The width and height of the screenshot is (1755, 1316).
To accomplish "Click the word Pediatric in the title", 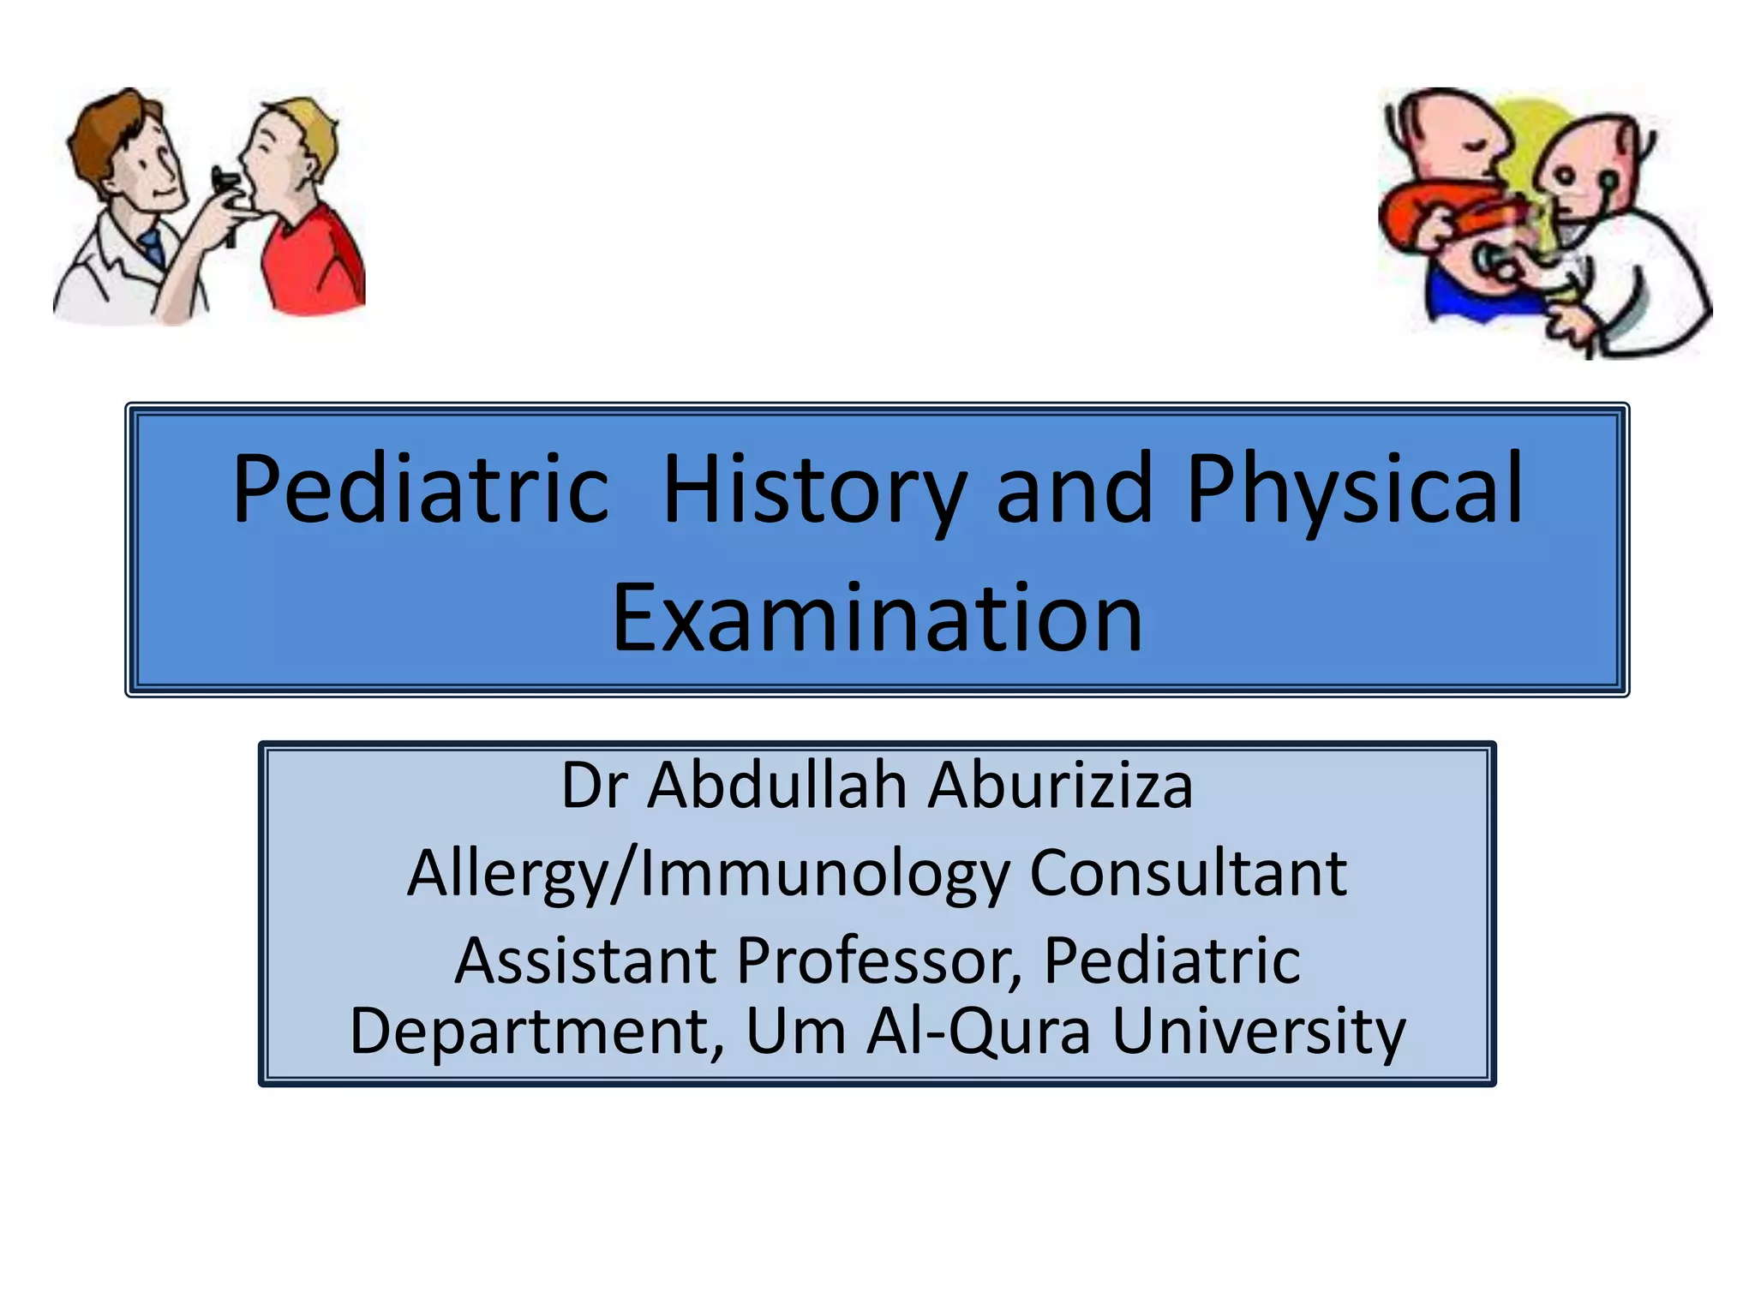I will click(x=420, y=489).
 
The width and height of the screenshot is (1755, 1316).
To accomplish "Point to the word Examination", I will click(x=877, y=618).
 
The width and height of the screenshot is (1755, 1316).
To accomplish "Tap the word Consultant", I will click(x=1188, y=873).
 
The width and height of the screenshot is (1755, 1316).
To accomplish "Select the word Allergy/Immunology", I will click(x=708, y=873).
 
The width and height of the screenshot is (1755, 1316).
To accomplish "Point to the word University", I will click(x=1259, y=1031).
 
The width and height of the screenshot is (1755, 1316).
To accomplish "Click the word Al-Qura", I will click(x=978, y=1031).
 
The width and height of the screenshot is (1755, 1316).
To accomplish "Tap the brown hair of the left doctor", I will click(x=107, y=129).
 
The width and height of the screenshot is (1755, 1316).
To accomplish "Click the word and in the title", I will click(x=1074, y=489).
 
